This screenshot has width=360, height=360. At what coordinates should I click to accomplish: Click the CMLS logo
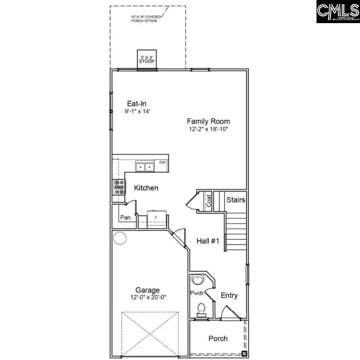tap(338, 12)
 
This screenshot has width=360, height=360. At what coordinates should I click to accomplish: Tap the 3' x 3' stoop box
tap(146, 59)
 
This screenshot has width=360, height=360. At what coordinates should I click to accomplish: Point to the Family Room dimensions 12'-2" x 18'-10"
tap(209, 129)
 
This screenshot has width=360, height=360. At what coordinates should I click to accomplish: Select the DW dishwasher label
tap(162, 162)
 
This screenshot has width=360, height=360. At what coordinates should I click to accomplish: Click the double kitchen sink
tap(145, 167)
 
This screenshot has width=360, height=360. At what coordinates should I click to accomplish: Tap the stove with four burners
tap(119, 187)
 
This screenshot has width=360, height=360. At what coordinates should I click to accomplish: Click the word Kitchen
tap(146, 188)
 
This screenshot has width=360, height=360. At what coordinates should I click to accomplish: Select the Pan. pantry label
tap(126, 218)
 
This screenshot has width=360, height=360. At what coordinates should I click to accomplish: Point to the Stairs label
tap(235, 199)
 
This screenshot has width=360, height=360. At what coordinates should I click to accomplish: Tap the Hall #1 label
tap(208, 242)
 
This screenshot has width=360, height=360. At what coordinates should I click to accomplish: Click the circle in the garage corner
tap(120, 238)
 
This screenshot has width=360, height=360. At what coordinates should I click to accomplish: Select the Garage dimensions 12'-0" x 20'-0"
tap(148, 297)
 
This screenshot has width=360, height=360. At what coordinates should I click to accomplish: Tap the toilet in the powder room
tap(201, 310)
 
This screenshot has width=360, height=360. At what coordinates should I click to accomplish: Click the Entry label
tap(229, 296)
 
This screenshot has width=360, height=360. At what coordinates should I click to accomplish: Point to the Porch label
tap(218, 339)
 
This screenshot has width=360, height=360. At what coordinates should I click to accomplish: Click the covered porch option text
tap(144, 19)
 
